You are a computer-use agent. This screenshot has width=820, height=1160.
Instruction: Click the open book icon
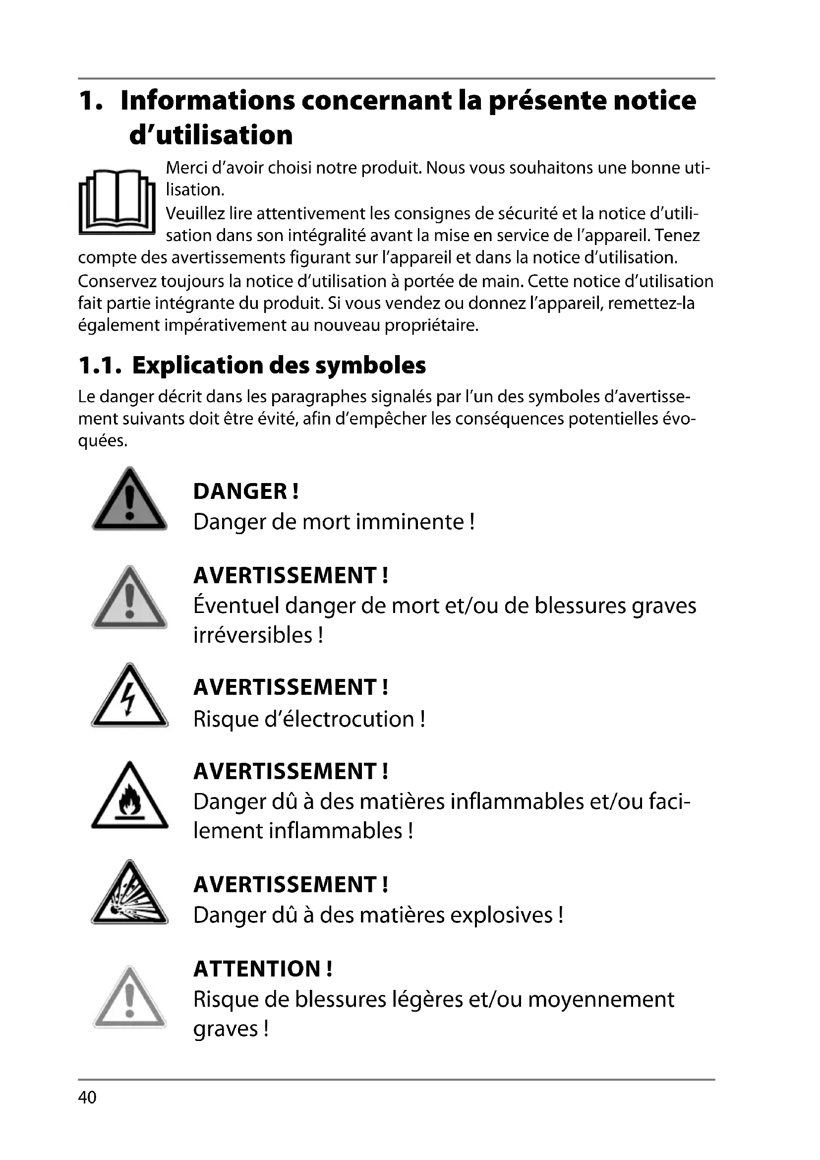click(117, 201)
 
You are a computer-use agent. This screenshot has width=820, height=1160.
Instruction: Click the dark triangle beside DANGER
click(129, 500)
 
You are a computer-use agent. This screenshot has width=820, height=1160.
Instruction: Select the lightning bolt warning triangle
click(129, 697)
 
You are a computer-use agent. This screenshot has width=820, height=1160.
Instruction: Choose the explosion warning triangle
click(129, 895)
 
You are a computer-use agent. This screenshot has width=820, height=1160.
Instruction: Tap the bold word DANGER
click(240, 491)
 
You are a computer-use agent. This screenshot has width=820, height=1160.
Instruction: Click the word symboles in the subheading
click(370, 366)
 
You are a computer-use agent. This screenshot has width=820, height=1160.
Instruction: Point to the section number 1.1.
click(100, 366)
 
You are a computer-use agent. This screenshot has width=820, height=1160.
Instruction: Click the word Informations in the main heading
click(208, 101)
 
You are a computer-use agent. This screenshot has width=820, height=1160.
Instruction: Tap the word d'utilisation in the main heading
click(211, 135)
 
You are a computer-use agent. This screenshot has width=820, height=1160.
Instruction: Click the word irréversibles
click(253, 635)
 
